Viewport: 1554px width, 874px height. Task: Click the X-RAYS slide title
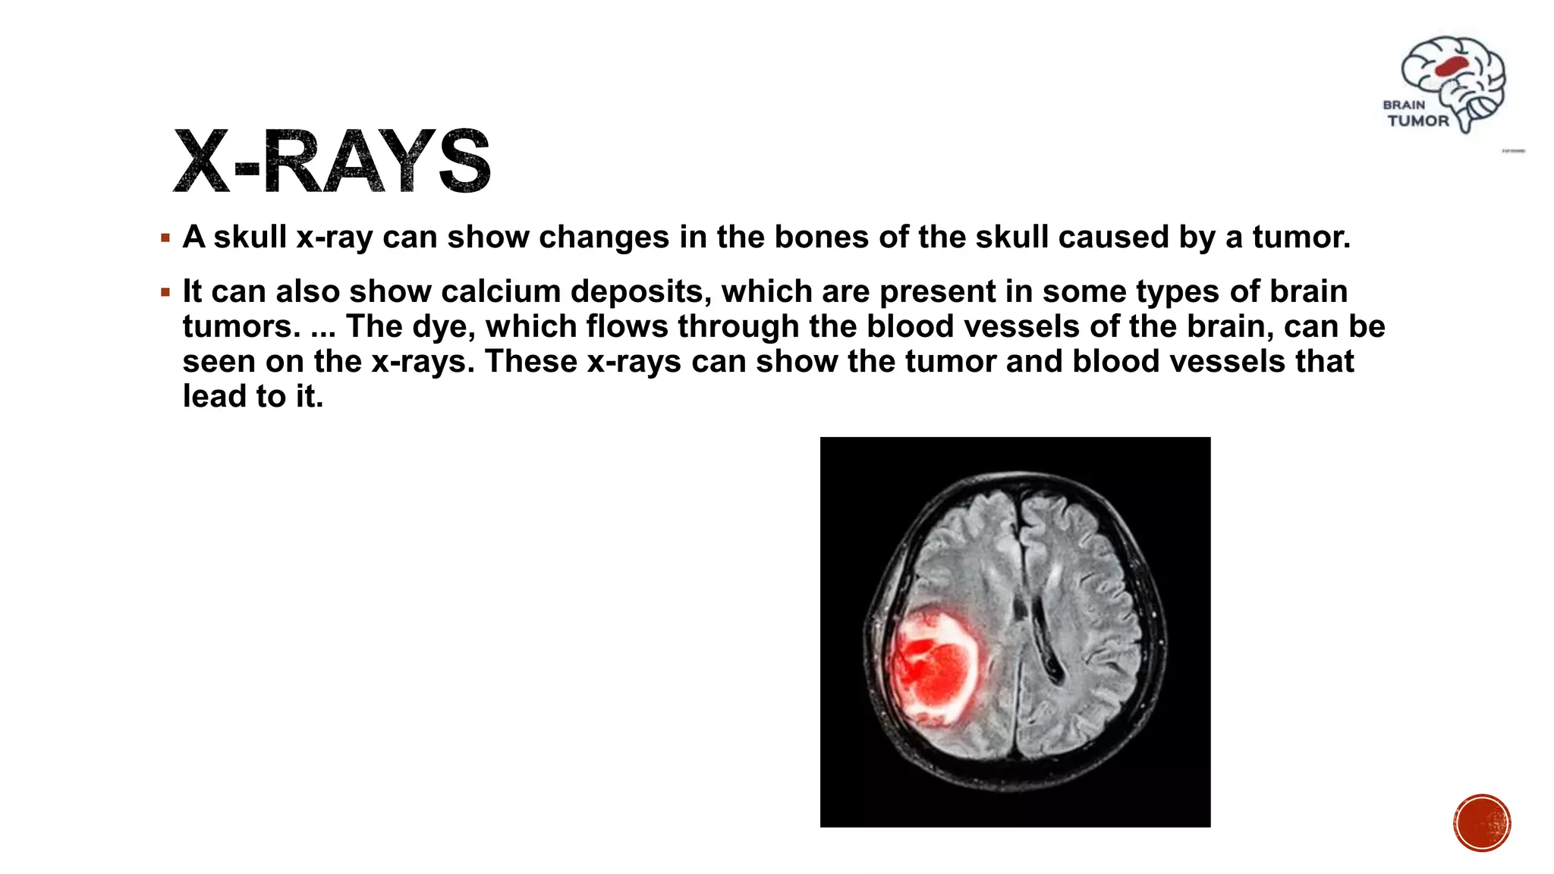pyautogui.click(x=332, y=161)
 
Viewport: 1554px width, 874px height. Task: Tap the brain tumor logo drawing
pyautogui.click(x=1454, y=82)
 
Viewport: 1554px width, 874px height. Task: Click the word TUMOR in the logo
pyautogui.click(x=1417, y=121)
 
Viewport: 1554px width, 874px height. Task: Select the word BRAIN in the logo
pyautogui.click(x=1404, y=105)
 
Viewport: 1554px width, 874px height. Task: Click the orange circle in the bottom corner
pyautogui.click(x=1482, y=822)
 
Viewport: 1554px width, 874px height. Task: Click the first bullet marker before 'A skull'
pyautogui.click(x=165, y=238)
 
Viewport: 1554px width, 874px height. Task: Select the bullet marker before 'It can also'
pyautogui.click(x=165, y=292)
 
